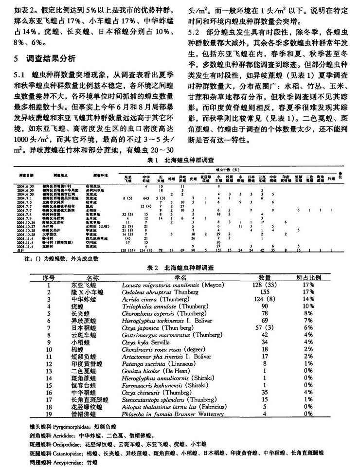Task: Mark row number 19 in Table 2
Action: tap(49, 415)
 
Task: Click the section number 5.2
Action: tap(194, 33)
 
